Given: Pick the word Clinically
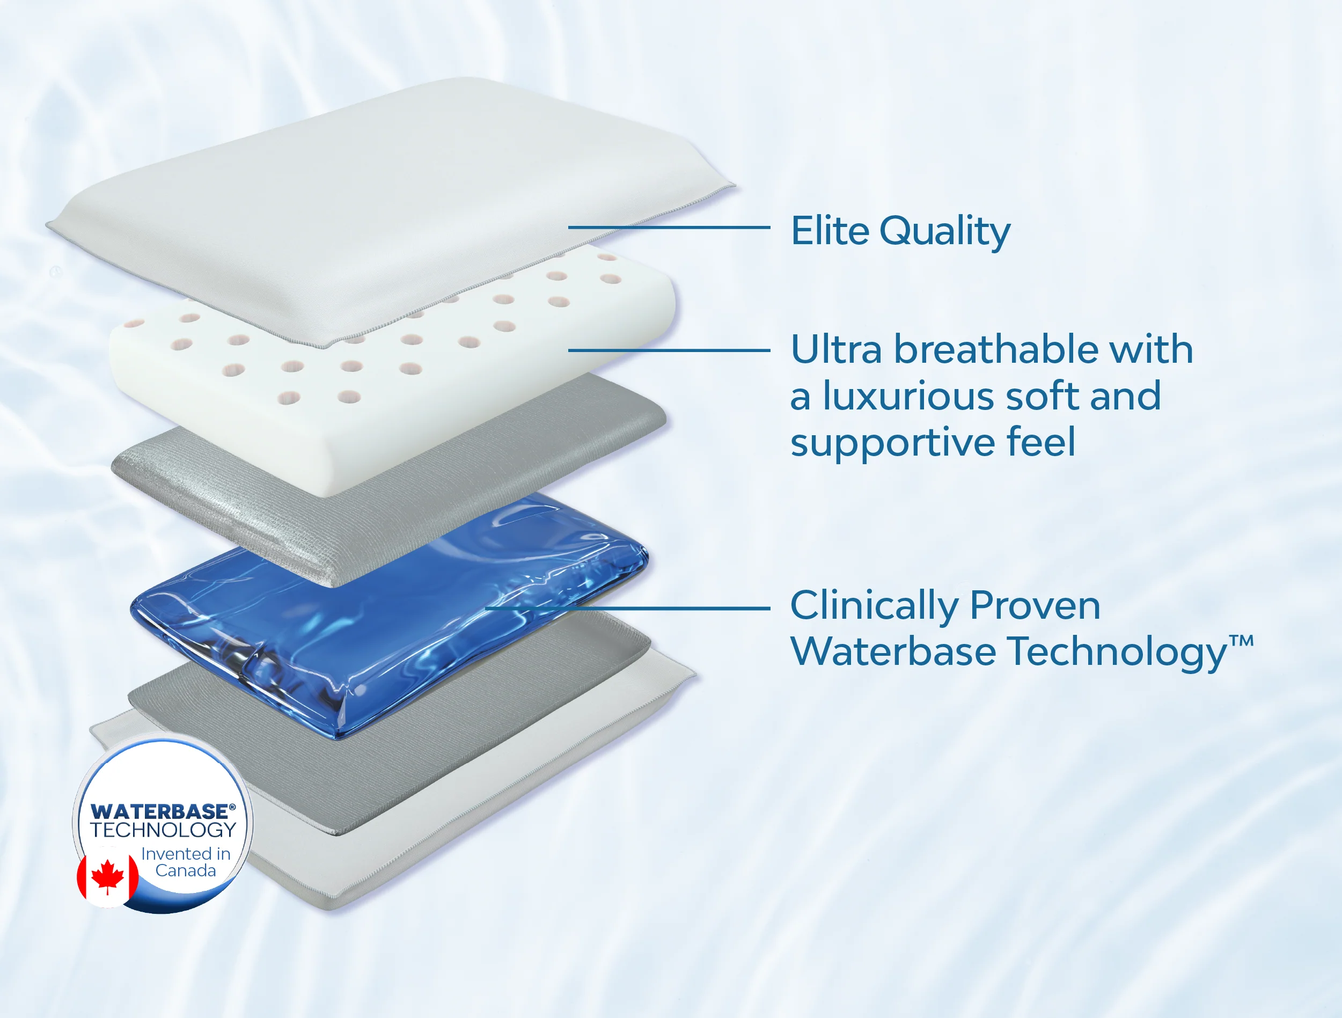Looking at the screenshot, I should click(874, 606).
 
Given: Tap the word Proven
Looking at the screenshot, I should click(1035, 606).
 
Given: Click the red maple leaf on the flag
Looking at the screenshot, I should click(107, 876).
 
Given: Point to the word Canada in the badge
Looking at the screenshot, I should click(186, 871).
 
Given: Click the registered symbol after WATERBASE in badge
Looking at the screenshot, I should click(232, 807).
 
